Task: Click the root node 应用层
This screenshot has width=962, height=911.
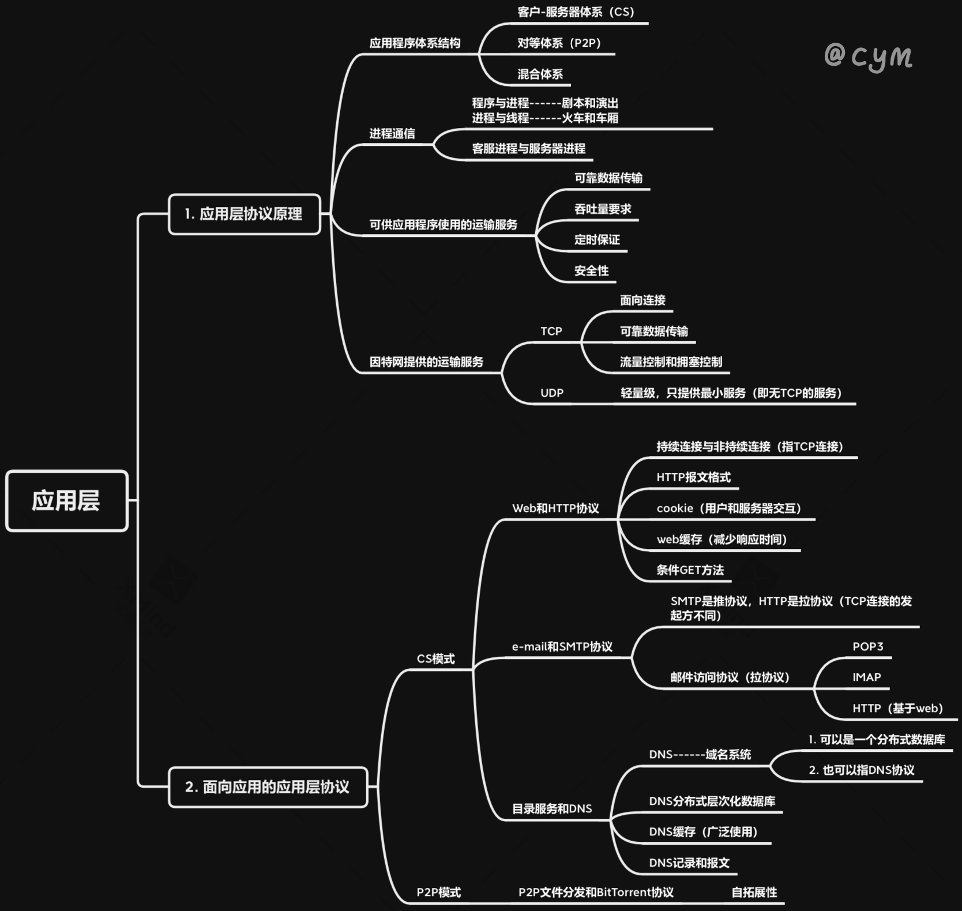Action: tap(66, 500)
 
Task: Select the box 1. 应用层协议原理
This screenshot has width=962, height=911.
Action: tap(244, 214)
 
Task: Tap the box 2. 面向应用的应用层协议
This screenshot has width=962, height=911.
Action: tap(268, 787)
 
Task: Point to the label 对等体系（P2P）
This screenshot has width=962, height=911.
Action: tap(559, 43)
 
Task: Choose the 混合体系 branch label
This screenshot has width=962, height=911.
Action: tap(540, 74)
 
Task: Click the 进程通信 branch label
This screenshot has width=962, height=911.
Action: tap(392, 134)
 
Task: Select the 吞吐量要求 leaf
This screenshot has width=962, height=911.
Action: tap(603, 209)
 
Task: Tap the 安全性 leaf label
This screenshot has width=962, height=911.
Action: tap(591, 270)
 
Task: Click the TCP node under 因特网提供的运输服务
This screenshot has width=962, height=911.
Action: tap(551, 331)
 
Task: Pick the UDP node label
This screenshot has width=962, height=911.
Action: tap(551, 393)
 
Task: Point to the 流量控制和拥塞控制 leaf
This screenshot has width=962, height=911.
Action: tap(671, 362)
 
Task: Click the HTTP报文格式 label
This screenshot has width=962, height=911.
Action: tap(693, 477)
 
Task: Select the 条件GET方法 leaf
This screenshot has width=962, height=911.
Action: tap(690, 570)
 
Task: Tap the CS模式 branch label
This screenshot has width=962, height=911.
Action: tap(435, 658)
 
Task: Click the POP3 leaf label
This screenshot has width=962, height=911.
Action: tap(867, 646)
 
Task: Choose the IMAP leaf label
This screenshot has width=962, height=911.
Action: tap(866, 677)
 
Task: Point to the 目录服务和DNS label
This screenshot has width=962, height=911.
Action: tap(552, 808)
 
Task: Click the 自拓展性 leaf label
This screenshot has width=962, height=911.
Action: tap(754, 893)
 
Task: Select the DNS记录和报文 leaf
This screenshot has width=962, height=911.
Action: tap(689, 863)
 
